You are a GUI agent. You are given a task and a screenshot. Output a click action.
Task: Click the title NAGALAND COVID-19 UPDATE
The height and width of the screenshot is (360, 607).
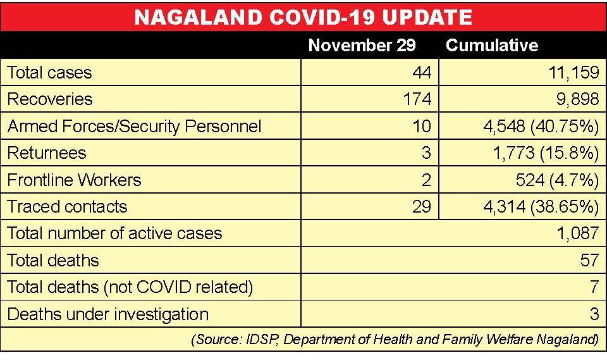(x=303, y=17)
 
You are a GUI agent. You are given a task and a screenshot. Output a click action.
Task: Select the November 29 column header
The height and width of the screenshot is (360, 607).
(x=362, y=46)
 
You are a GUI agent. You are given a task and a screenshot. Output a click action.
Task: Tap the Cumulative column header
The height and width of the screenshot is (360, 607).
(x=492, y=46)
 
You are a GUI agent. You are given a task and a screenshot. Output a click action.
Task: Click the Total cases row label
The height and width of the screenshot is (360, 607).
(x=49, y=73)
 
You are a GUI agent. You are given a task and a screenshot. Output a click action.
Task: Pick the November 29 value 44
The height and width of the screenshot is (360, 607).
(x=422, y=73)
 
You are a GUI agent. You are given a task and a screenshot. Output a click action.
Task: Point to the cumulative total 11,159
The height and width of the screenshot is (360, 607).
(x=574, y=73)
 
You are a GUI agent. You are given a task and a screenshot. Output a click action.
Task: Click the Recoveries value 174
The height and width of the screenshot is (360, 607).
(x=417, y=99)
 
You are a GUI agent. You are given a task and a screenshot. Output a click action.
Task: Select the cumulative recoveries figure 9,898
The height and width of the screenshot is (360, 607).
(x=577, y=99)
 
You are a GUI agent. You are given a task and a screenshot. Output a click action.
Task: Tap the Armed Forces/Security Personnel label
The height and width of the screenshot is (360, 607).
(x=134, y=127)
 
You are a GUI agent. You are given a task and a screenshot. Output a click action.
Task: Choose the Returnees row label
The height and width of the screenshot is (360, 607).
(x=47, y=153)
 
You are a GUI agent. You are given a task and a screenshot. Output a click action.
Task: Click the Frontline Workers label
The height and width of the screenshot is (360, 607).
(x=75, y=180)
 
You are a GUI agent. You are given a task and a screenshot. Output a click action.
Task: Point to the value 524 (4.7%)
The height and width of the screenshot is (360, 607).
(x=558, y=180)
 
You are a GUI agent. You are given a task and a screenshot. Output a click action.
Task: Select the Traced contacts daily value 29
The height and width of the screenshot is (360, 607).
(x=422, y=206)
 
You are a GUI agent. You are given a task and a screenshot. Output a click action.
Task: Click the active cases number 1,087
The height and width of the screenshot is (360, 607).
(x=578, y=233)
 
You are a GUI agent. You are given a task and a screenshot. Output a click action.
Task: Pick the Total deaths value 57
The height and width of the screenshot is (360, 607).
(x=589, y=260)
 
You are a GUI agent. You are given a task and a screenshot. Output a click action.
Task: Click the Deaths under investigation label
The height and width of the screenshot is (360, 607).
(x=108, y=314)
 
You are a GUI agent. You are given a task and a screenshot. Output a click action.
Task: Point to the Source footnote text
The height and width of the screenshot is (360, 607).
(x=395, y=340)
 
